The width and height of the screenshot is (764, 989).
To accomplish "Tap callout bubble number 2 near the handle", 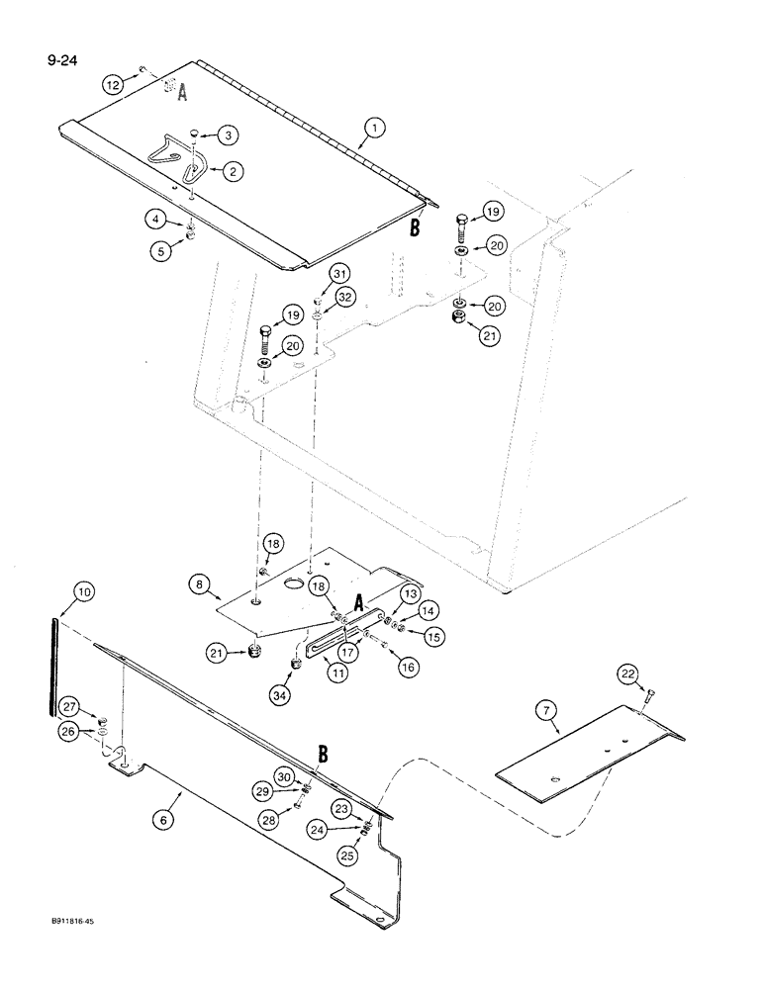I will [x=235, y=171].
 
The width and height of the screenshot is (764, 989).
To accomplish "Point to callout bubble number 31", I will [x=340, y=273].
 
